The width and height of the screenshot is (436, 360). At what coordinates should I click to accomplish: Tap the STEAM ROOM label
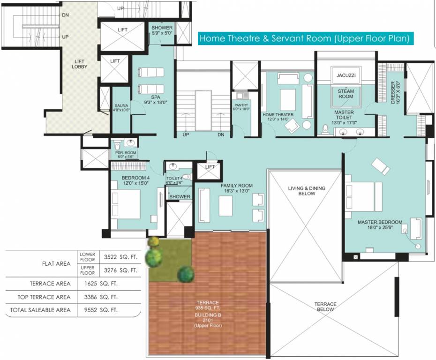click(346, 94)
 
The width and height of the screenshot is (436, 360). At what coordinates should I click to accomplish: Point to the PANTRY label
click(241, 107)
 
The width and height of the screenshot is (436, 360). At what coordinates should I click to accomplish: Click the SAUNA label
click(121, 108)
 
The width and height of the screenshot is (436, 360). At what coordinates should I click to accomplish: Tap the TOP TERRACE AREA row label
click(45, 297)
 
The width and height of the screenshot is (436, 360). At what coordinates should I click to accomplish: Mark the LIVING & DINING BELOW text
click(307, 191)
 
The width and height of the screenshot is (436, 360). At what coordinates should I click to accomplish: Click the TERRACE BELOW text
click(325, 307)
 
